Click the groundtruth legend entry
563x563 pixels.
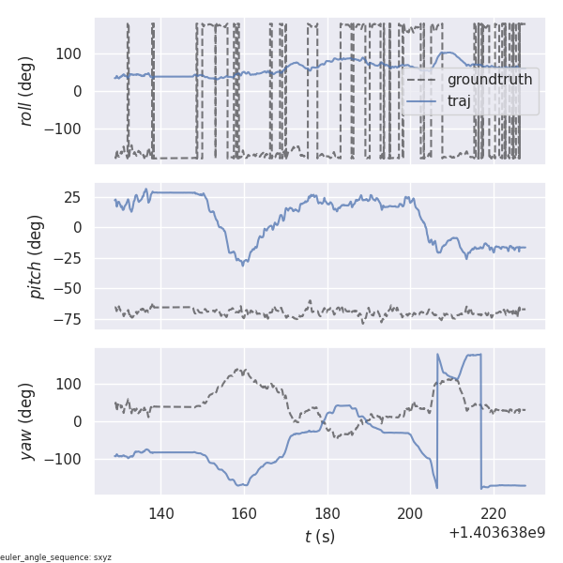pyautogui.click(x=489, y=80)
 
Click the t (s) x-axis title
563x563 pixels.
pyautogui.click(x=319, y=537)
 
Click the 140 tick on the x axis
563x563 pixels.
pyautogui.click(x=160, y=513)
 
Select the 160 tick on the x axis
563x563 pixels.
pyautogui.click(x=244, y=513)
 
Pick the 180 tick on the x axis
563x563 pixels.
pyautogui.click(x=327, y=513)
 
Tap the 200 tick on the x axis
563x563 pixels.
pyautogui.click(x=410, y=513)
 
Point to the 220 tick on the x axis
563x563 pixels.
pyautogui.click(x=494, y=513)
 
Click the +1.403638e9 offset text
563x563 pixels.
pyautogui.click(x=496, y=532)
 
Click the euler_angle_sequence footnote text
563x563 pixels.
pyautogui.click(x=56, y=556)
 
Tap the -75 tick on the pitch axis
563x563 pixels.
pyautogui.click(x=73, y=319)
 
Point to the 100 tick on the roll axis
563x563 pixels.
pyautogui.click(x=71, y=53)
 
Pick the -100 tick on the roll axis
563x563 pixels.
pyautogui.click(x=68, y=129)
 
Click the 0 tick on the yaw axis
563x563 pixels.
pyautogui.click(x=83, y=421)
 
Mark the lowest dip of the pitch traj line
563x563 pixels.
pyautogui.click(x=243, y=265)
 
